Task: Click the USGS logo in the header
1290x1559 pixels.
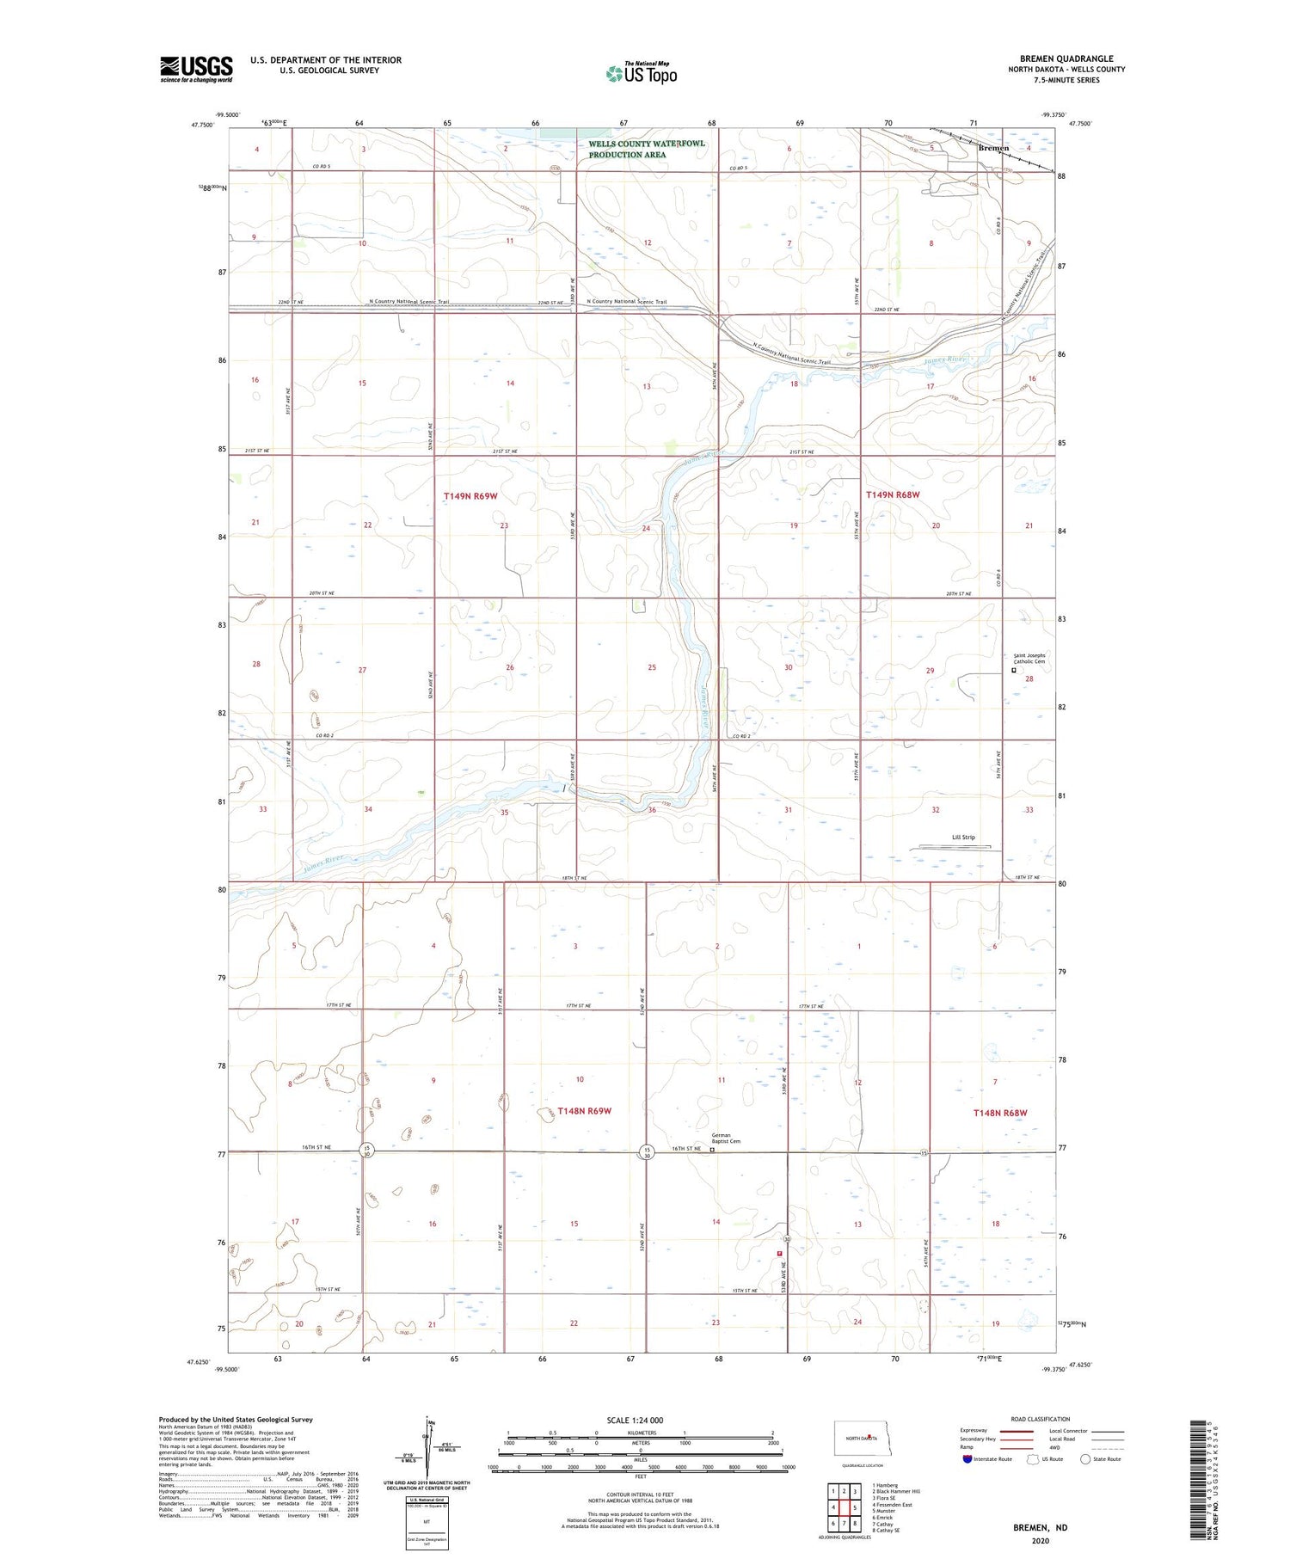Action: point(196,69)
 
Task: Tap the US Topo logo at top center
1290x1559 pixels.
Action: point(642,73)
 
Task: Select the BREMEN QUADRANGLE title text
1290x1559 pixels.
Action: point(1066,58)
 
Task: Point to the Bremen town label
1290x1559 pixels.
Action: point(993,148)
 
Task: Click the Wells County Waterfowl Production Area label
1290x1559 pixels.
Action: point(646,149)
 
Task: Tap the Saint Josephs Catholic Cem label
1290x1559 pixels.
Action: point(1029,659)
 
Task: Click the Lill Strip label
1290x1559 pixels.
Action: point(963,837)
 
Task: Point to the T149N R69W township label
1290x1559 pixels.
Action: point(470,496)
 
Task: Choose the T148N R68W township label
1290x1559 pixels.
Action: point(1000,1113)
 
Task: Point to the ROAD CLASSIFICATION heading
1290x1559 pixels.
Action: point(1041,1419)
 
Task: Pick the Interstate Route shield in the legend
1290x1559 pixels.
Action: point(967,1458)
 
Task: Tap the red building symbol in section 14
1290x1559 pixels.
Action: point(779,1254)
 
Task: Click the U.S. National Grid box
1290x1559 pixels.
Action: point(427,1522)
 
